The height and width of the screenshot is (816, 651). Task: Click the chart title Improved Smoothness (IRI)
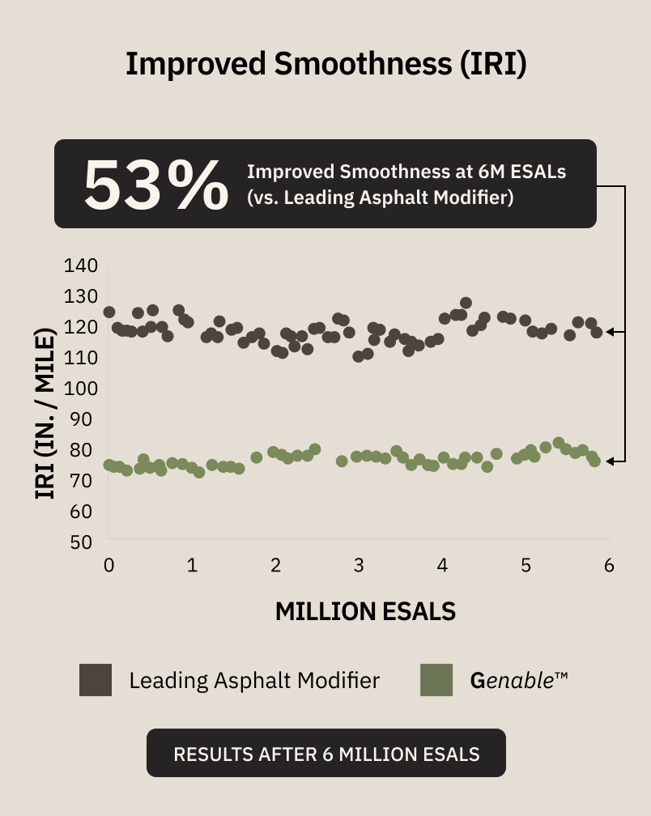point(326,64)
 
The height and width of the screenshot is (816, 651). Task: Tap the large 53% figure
point(155,185)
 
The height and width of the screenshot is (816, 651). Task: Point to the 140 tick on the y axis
point(81,266)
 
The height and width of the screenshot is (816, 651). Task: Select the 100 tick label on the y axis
point(81,389)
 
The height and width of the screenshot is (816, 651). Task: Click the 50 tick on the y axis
point(81,542)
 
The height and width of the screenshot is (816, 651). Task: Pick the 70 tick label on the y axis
point(81,481)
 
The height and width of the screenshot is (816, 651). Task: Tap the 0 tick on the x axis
point(108,565)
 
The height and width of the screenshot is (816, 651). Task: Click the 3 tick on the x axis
point(359,565)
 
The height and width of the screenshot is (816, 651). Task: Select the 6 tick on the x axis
point(610,565)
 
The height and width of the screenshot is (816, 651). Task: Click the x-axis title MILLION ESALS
point(365,611)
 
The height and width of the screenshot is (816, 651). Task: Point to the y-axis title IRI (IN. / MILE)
point(45,414)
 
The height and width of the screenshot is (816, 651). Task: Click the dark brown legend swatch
point(96,680)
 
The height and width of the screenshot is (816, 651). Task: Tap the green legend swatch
point(436,680)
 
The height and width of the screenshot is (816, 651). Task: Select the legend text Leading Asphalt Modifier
point(254,681)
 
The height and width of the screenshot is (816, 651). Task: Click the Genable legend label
point(519,681)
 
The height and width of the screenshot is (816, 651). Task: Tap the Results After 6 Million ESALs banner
point(326,753)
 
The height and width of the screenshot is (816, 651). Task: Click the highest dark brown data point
point(466,303)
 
